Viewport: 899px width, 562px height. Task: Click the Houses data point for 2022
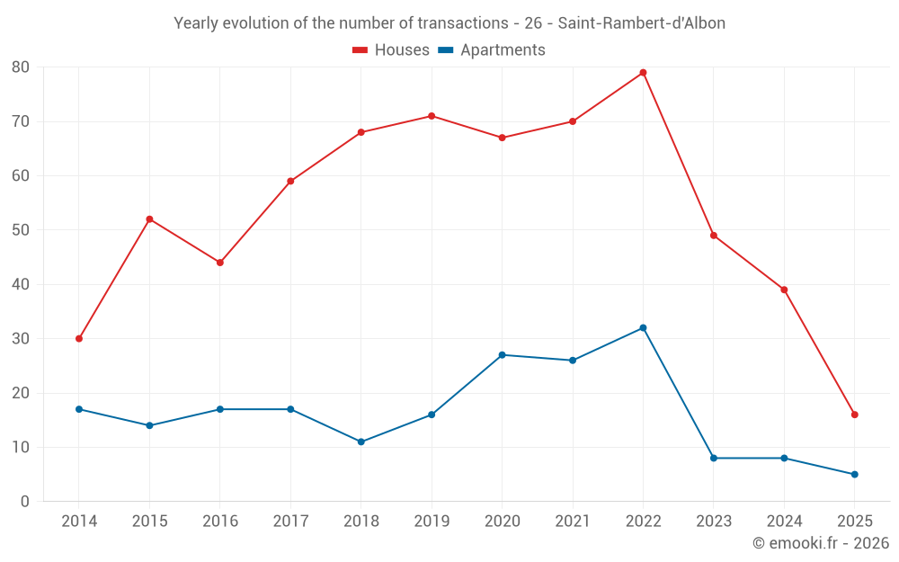pos(643,73)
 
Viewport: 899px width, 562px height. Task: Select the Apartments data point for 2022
pos(643,328)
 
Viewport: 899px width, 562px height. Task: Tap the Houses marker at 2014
pos(79,339)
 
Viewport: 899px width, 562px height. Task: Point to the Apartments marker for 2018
pos(361,442)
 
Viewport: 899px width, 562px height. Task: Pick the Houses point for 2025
pos(855,415)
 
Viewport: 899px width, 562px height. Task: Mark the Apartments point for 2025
pos(855,475)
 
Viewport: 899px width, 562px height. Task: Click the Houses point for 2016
pos(220,263)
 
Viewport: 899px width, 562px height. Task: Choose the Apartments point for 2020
pos(503,355)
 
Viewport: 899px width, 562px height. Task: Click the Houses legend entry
pos(391,50)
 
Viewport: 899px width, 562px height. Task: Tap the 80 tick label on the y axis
pos(21,67)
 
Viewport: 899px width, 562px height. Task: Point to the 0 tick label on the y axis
pos(25,502)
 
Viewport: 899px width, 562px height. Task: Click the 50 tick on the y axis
pos(21,230)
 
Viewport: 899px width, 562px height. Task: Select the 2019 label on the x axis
pos(432,522)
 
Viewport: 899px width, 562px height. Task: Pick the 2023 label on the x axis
pos(714,522)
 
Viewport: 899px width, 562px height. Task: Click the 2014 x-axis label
pos(79,522)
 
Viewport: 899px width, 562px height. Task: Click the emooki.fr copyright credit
pos(820,543)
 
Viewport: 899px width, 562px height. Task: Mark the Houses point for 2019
pos(432,116)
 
